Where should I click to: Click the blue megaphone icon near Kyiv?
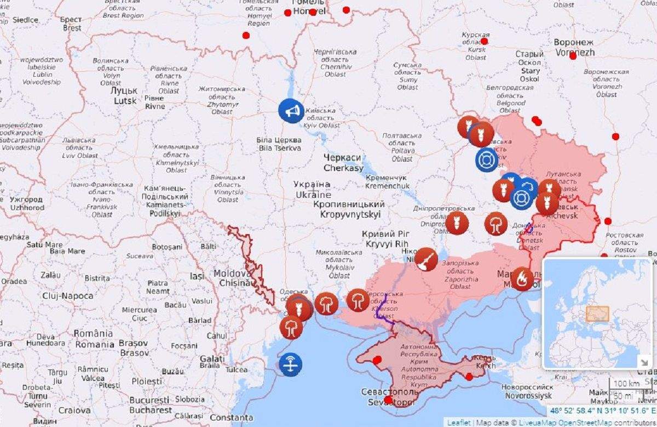pyautogui.click(x=291, y=111)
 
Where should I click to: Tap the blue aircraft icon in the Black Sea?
pyautogui.click(x=290, y=363)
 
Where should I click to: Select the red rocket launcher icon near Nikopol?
pyautogui.click(x=426, y=259)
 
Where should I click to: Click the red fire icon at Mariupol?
pyautogui.click(x=522, y=278)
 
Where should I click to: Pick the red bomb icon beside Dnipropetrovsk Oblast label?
pyautogui.click(x=457, y=223)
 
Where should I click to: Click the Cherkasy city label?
pyautogui.click(x=343, y=163)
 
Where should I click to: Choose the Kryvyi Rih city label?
pyautogui.click(x=385, y=238)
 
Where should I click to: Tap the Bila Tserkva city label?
pyautogui.click(x=279, y=144)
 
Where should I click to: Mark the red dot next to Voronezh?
pyautogui.click(x=573, y=56)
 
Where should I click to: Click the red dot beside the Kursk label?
pyautogui.click(x=484, y=41)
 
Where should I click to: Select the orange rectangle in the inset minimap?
pyautogui.click(x=597, y=314)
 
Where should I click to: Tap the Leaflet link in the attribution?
pyautogui.click(x=458, y=422)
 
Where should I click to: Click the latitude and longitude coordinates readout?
pyautogui.click(x=602, y=411)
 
